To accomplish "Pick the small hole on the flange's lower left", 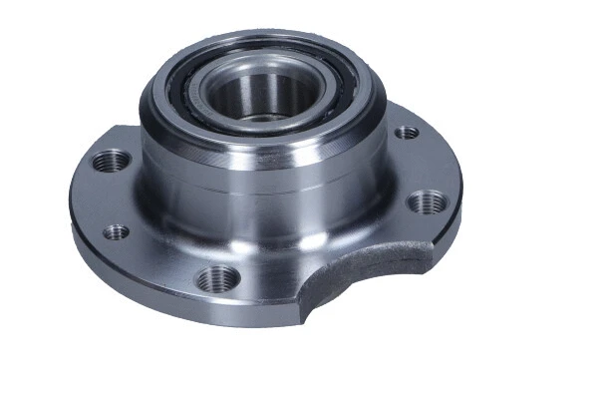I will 116,231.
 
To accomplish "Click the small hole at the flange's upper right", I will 406,132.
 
